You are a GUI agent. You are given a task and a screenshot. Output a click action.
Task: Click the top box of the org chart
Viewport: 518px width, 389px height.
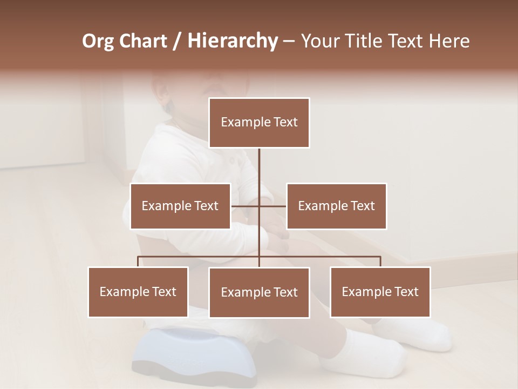pyautogui.click(x=259, y=123)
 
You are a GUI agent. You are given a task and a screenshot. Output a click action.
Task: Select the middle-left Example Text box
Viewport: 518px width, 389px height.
pyautogui.click(x=180, y=206)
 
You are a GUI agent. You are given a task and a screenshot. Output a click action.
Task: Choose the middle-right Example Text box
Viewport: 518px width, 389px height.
pyautogui.click(x=336, y=206)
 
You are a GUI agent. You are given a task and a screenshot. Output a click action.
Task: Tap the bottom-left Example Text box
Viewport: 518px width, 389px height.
pyautogui.click(x=138, y=292)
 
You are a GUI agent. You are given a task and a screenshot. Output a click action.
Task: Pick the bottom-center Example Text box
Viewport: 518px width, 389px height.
pyautogui.click(x=259, y=292)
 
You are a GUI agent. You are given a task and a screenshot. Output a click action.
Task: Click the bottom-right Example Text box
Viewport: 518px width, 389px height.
pyautogui.click(x=380, y=292)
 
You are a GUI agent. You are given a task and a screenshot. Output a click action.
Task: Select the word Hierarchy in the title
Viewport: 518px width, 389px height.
pyautogui.click(x=232, y=41)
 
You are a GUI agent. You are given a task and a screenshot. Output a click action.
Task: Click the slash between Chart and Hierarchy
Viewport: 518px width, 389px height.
pyautogui.click(x=177, y=41)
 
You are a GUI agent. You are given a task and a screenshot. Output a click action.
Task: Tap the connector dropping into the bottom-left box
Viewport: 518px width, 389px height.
pyautogui.click(x=138, y=261)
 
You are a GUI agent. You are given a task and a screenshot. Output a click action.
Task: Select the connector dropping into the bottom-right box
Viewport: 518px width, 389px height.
pyautogui.click(x=380, y=261)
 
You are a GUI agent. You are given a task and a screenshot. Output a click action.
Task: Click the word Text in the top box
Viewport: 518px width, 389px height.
pyautogui.click(x=284, y=122)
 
